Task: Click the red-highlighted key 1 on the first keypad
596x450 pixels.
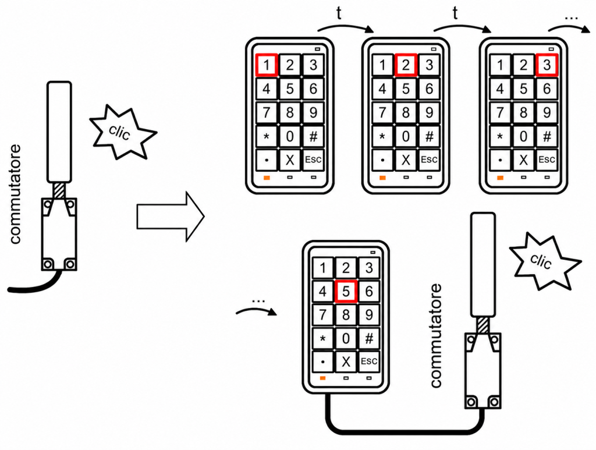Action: (x=267, y=65)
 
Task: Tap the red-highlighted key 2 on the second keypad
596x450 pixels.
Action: (x=406, y=65)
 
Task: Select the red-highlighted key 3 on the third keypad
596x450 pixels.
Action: (x=547, y=65)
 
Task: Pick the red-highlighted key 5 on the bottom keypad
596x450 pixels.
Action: (x=346, y=292)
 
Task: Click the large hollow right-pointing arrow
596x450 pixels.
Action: (x=171, y=217)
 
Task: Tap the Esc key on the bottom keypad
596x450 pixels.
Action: (x=368, y=362)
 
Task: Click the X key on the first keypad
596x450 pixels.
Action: (x=290, y=160)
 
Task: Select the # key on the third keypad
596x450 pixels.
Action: (x=547, y=136)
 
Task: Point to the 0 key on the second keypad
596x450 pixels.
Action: (x=406, y=136)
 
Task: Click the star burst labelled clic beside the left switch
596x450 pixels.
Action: (x=122, y=132)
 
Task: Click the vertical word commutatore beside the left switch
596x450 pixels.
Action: (x=15, y=194)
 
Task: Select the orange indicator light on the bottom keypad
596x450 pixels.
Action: (x=322, y=378)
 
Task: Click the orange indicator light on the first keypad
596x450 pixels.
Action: (x=267, y=178)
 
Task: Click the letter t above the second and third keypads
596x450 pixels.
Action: (x=455, y=13)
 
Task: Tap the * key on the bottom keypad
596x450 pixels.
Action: (x=322, y=338)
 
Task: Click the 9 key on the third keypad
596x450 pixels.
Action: (x=547, y=112)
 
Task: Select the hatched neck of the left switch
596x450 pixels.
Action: (x=59, y=190)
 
